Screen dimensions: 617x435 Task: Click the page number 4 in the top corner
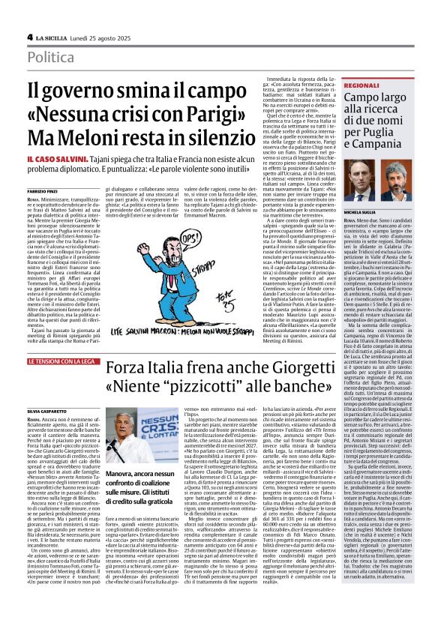pos(29,37)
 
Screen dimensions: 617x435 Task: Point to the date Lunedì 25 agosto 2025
pos(100,37)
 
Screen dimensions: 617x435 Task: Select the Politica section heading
pos(55,57)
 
